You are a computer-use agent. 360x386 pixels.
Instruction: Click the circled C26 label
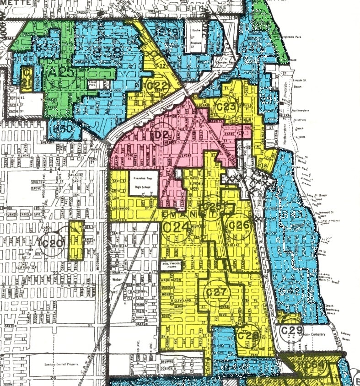pos(238,225)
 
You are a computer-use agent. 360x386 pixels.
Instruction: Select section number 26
pos(53,378)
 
